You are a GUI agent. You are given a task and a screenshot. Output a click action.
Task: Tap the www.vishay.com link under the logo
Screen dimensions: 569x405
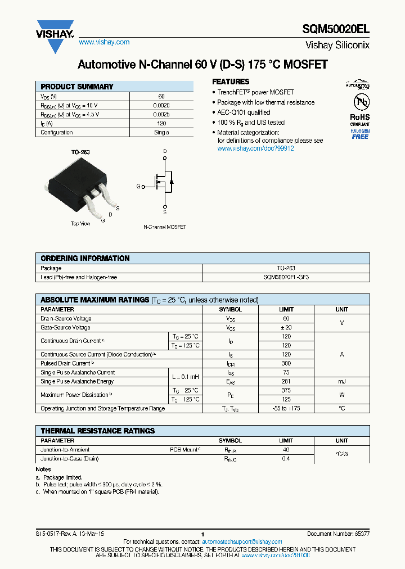pyautogui.click(x=104, y=42)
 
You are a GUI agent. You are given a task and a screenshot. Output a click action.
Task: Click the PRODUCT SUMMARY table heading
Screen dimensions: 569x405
pyautogui.click(x=77, y=87)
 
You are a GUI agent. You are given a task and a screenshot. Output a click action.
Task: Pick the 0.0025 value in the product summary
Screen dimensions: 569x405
pyautogui.click(x=161, y=114)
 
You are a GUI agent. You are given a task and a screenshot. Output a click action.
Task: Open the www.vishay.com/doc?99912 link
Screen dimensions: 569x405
pyautogui.click(x=255, y=148)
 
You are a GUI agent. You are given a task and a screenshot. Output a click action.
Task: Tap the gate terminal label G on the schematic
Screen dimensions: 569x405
pyautogui.click(x=138, y=186)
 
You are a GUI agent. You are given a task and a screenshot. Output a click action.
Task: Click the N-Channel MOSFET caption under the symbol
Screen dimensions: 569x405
pyautogui.click(x=165, y=227)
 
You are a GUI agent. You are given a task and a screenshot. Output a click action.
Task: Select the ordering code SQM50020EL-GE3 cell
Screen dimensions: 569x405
pyautogui.click(x=286, y=277)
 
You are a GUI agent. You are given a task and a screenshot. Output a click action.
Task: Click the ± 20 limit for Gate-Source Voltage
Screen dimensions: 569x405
pyautogui.click(x=286, y=327)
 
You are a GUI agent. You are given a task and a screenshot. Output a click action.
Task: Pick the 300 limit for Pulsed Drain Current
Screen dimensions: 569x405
pyautogui.click(x=286, y=363)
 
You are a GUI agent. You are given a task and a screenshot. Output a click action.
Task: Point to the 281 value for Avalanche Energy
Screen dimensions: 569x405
pyautogui.click(x=286, y=381)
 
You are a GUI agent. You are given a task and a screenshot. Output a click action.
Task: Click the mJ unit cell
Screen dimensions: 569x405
pyautogui.click(x=341, y=381)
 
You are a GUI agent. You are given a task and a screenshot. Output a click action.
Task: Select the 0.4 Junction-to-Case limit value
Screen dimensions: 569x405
pyautogui.click(x=286, y=459)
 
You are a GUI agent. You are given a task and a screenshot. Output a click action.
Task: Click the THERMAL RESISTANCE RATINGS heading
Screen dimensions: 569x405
pyautogui.click(x=98, y=431)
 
